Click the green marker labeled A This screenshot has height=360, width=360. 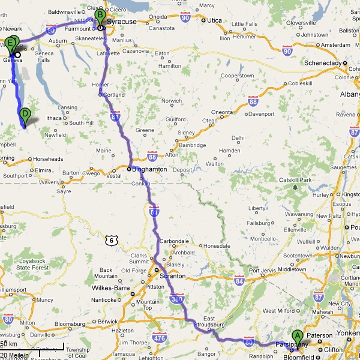297,337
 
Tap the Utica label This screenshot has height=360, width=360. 214,20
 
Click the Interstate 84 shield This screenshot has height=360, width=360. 239,280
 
